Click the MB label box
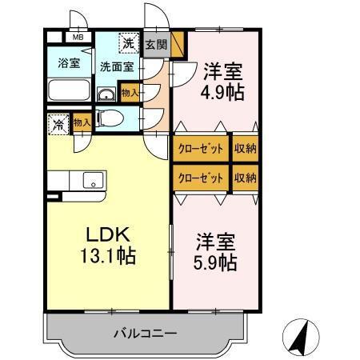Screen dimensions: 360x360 click(79, 37)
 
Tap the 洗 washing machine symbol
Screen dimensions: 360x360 click(128, 42)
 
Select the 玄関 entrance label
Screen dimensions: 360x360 click(156, 45)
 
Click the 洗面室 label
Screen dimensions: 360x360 click(116, 66)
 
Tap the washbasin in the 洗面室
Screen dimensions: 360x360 click(106, 94)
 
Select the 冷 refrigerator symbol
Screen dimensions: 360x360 click(58, 124)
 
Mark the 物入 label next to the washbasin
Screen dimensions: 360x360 click(130, 94)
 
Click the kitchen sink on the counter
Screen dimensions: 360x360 click(94, 182)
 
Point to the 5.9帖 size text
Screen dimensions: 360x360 click(215, 262)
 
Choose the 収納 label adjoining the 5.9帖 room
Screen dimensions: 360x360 click(245, 177)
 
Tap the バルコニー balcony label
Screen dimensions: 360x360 click(144, 332)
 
